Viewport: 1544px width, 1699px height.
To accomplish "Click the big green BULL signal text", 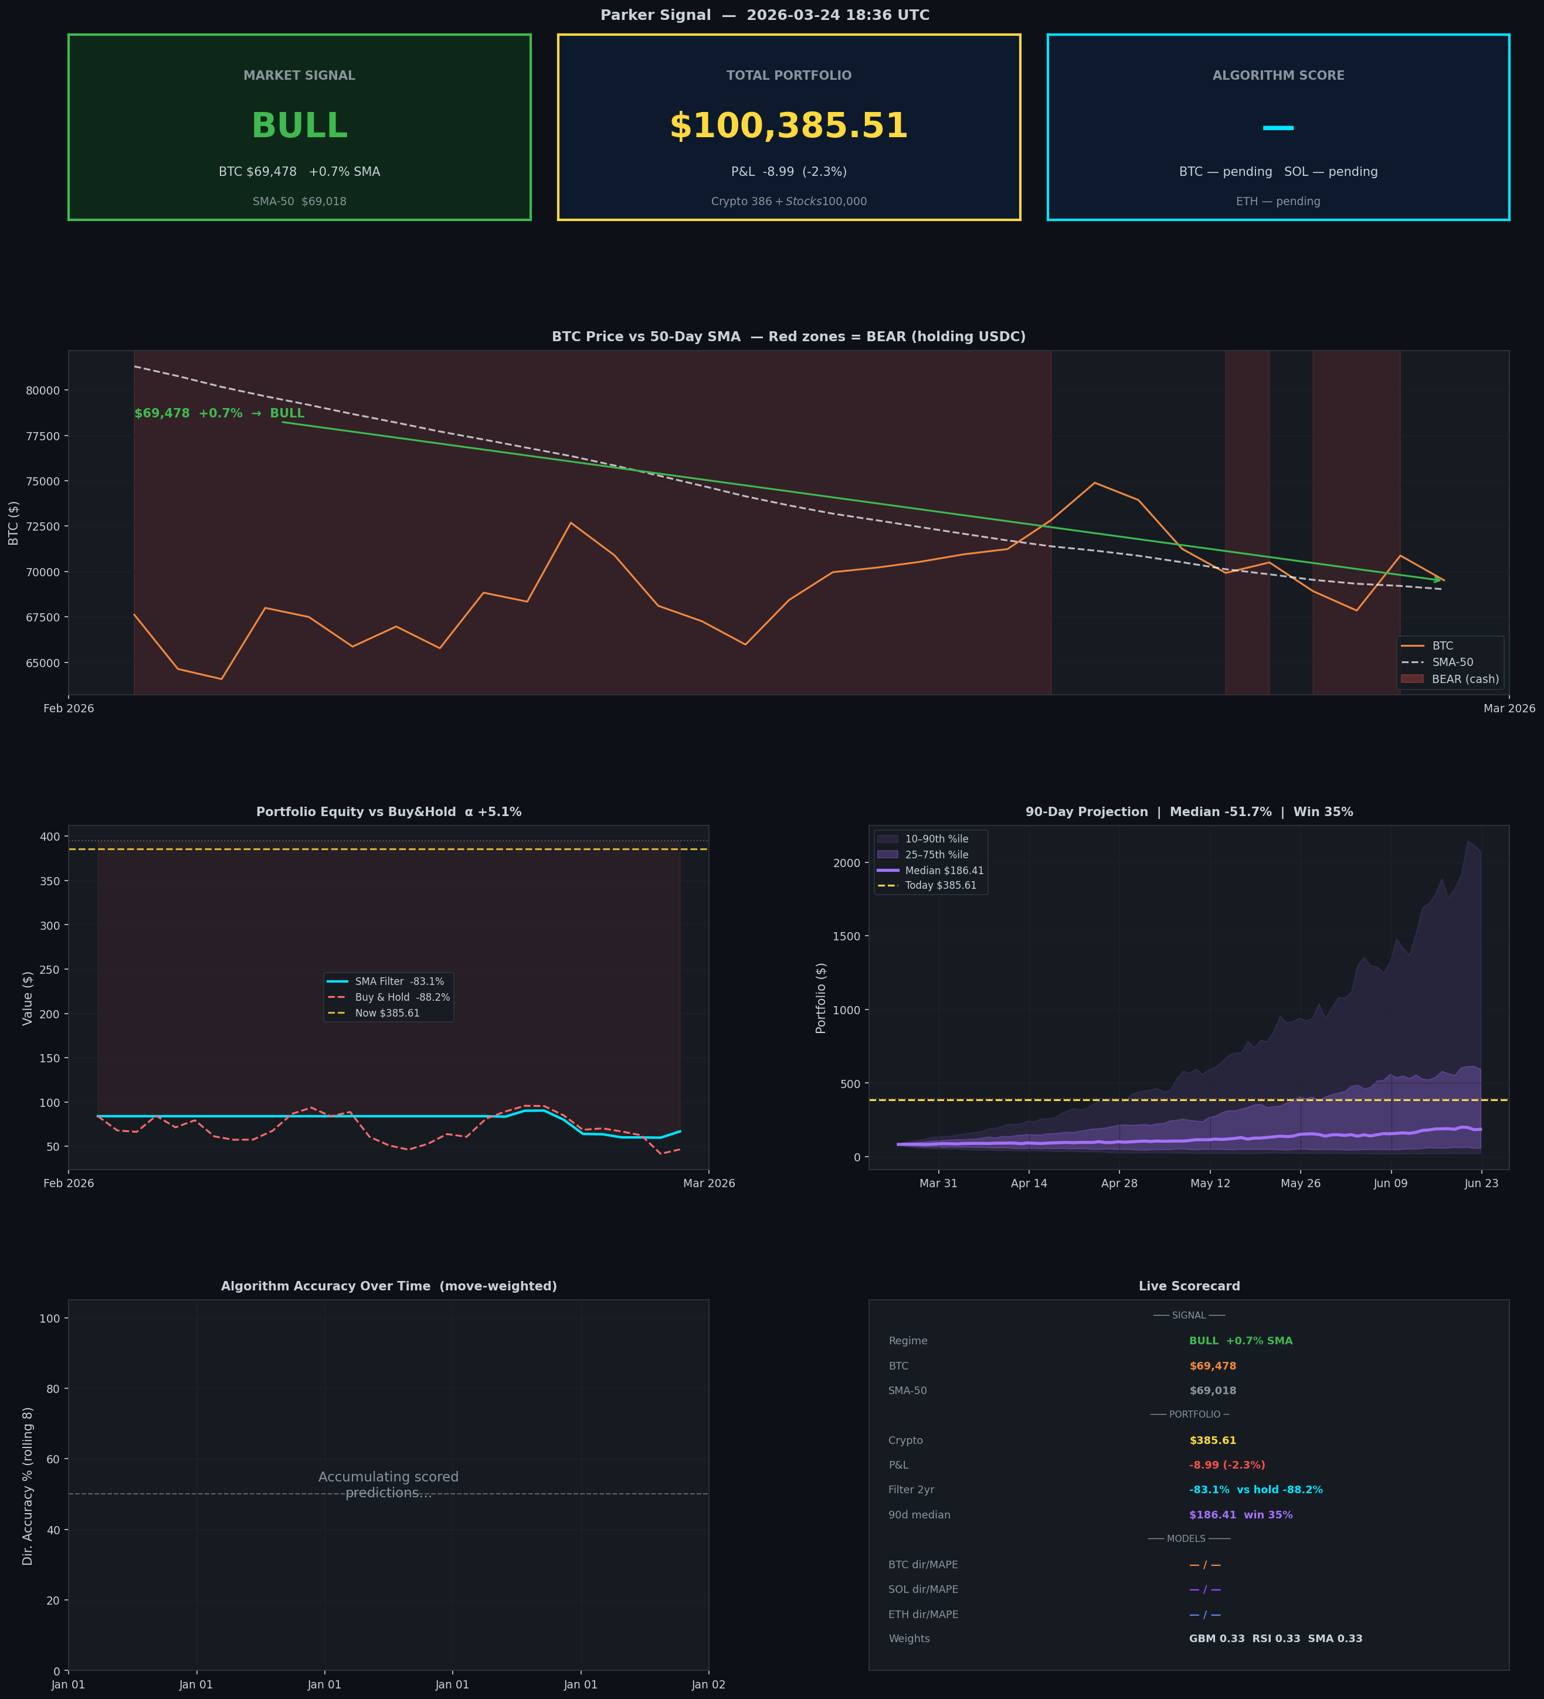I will point(299,127).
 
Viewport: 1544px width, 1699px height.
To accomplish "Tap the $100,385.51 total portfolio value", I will point(788,127).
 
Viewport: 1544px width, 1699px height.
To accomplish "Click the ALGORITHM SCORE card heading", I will point(1278,76).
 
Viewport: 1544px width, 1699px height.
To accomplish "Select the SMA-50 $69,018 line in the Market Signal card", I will point(299,202).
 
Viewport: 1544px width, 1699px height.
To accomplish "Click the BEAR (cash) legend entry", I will point(1465,679).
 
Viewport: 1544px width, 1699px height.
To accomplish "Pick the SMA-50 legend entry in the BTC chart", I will point(1452,662).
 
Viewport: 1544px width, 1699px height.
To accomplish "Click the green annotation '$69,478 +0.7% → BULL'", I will point(219,414).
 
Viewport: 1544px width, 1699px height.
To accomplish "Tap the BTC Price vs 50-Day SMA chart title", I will point(788,337).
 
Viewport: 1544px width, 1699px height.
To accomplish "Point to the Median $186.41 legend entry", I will point(944,871).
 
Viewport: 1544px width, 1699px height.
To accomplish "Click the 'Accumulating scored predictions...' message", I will point(389,1485).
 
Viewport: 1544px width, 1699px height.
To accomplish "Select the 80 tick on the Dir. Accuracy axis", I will point(54,1389).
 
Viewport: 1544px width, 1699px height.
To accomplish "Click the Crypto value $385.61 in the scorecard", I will point(1212,1440).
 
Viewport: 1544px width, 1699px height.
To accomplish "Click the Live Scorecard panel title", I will point(1188,1286).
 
